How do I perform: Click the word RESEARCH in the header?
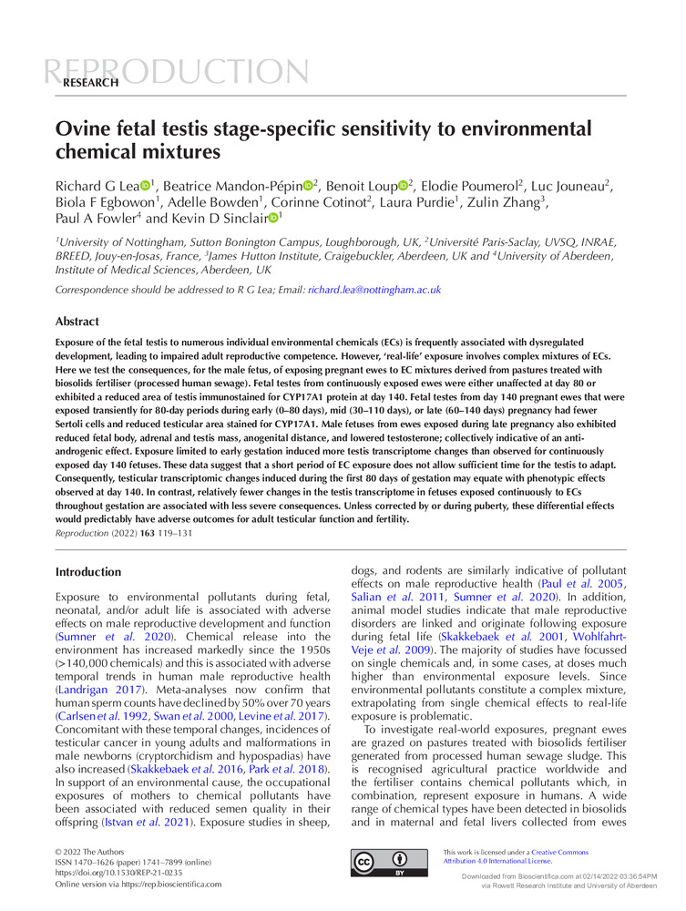[90, 83]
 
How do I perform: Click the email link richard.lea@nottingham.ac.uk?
[374, 290]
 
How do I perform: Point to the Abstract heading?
[78, 322]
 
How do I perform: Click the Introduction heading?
[88, 572]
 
